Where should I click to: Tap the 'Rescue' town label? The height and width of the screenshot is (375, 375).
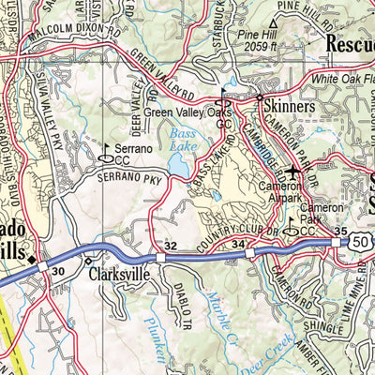tap(349, 42)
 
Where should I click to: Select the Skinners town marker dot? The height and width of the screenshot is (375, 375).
tap(259, 97)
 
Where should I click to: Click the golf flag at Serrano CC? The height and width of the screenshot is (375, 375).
tap(107, 148)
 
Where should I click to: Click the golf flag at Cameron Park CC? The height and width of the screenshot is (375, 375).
tap(292, 223)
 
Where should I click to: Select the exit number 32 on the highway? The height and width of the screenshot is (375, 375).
tap(170, 246)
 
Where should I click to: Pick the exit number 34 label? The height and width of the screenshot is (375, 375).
tap(238, 247)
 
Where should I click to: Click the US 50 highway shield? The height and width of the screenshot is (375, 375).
tap(360, 243)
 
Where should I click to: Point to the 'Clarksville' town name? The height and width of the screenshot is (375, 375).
tap(120, 277)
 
